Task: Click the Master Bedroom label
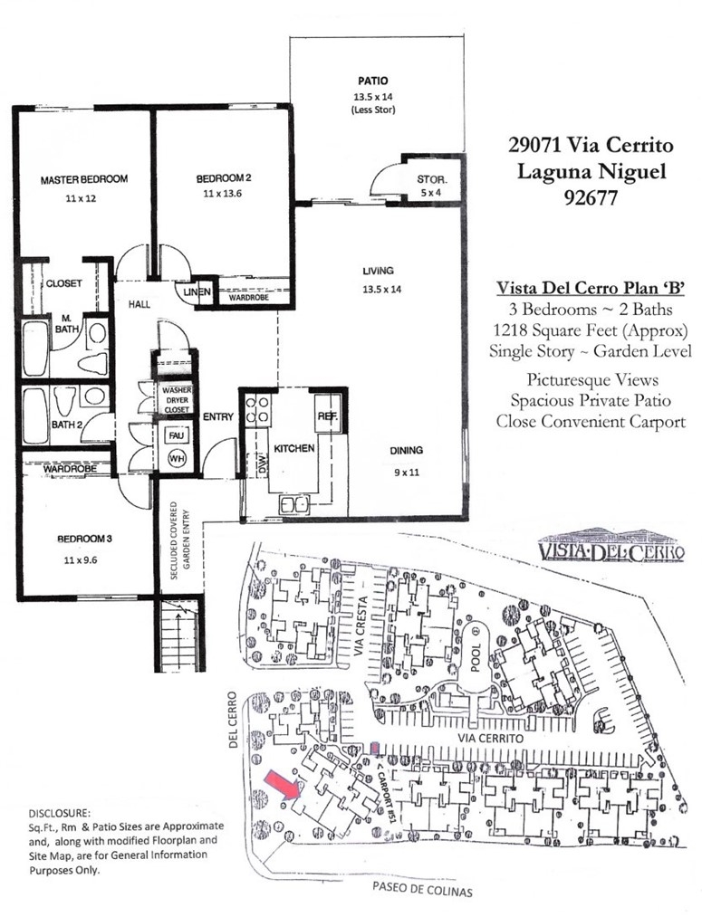83,179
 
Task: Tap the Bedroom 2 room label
224,178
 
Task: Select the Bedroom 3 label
84,539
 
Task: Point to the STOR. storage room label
432,179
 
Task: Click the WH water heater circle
177,458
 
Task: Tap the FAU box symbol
176,435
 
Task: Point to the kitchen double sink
293,505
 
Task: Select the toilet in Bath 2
63,401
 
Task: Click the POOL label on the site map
476,657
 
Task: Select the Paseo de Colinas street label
422,890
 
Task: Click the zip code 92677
591,197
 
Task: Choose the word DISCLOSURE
60,813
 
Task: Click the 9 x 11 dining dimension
406,472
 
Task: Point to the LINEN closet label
197,291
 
